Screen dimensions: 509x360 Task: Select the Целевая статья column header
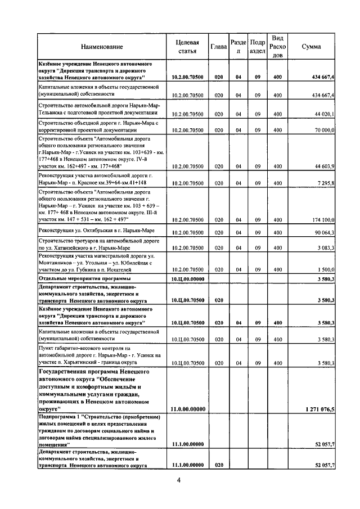pyautogui.click(x=187, y=47)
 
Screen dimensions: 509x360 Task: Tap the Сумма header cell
pyautogui.click(x=311, y=47)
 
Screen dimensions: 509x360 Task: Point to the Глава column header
pyautogui.click(x=218, y=47)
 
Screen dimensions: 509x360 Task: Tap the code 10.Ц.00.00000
pyautogui.click(x=187, y=278)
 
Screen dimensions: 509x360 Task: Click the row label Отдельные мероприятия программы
pyautogui.click(x=84, y=278)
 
